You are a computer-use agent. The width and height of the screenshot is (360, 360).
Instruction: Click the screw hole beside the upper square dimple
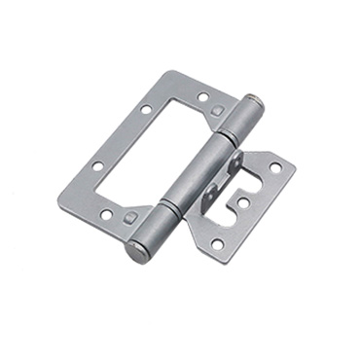202,97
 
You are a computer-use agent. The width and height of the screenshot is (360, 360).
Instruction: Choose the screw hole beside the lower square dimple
106,214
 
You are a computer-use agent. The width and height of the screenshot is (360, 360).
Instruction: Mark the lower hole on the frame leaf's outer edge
97,167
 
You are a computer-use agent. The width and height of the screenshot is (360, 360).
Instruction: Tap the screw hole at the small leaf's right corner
275,167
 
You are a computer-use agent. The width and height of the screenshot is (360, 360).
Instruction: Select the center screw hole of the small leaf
242,202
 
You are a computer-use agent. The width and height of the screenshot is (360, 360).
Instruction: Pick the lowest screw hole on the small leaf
217,243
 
